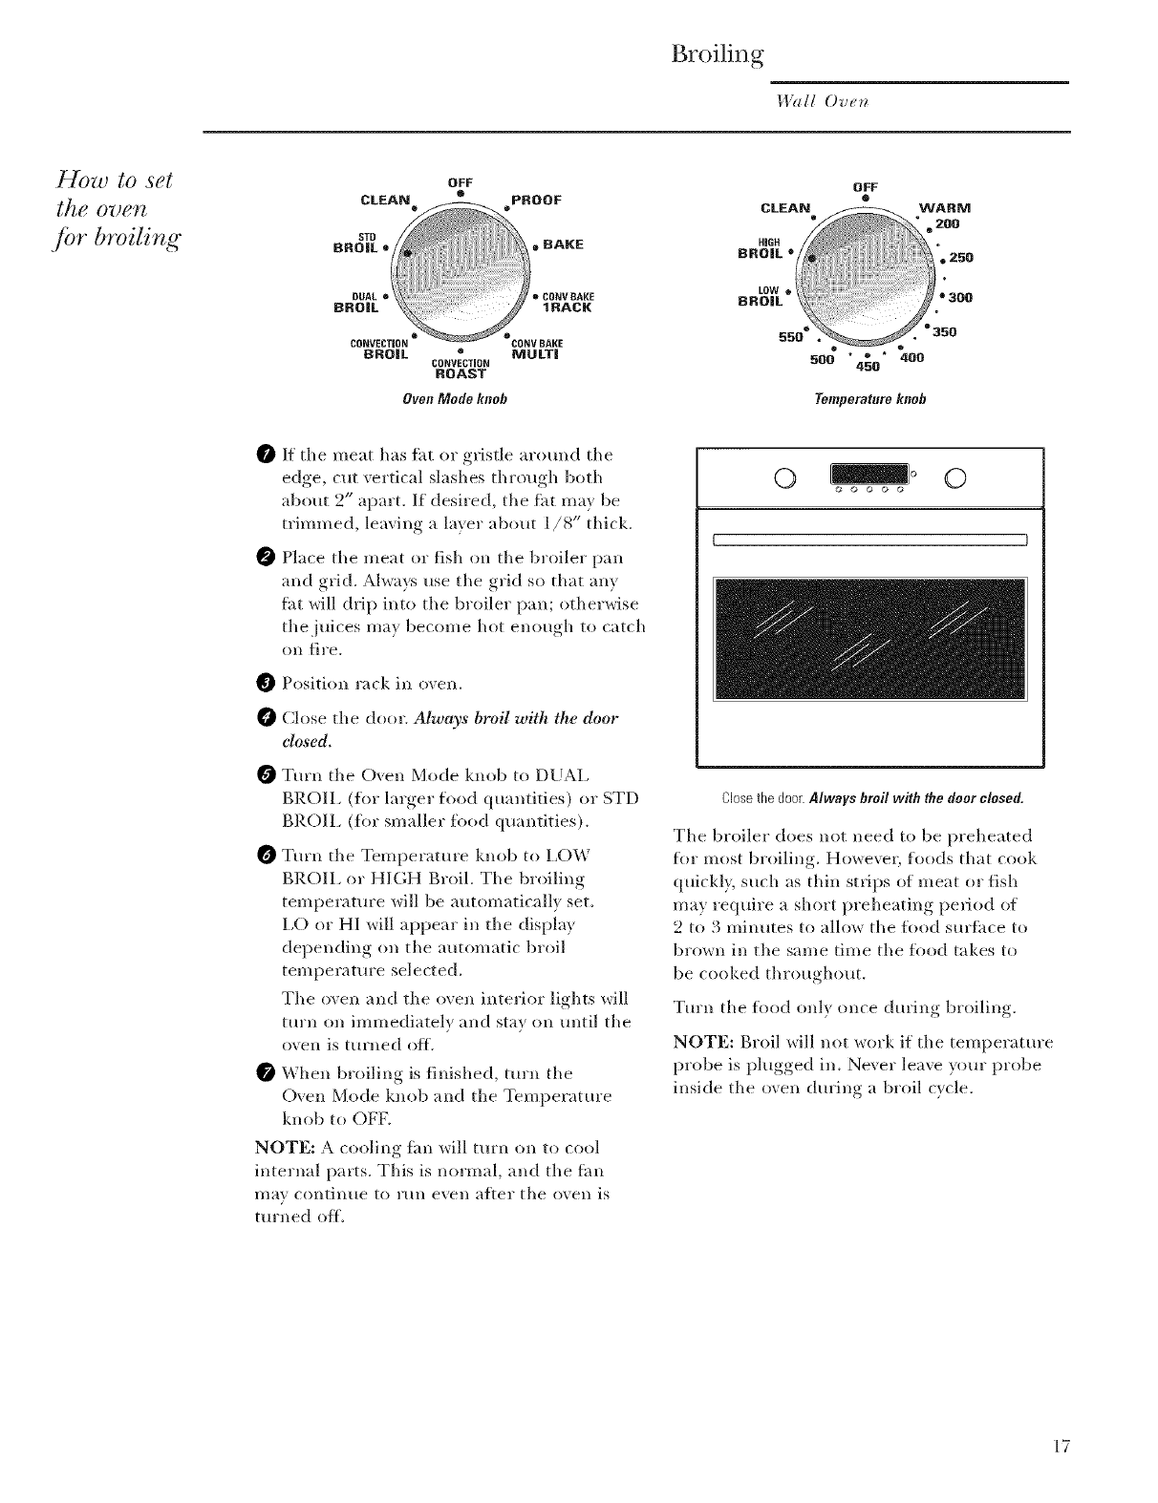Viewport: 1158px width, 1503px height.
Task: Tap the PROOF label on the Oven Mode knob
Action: (536, 200)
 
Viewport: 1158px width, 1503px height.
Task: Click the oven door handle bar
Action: (870, 540)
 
